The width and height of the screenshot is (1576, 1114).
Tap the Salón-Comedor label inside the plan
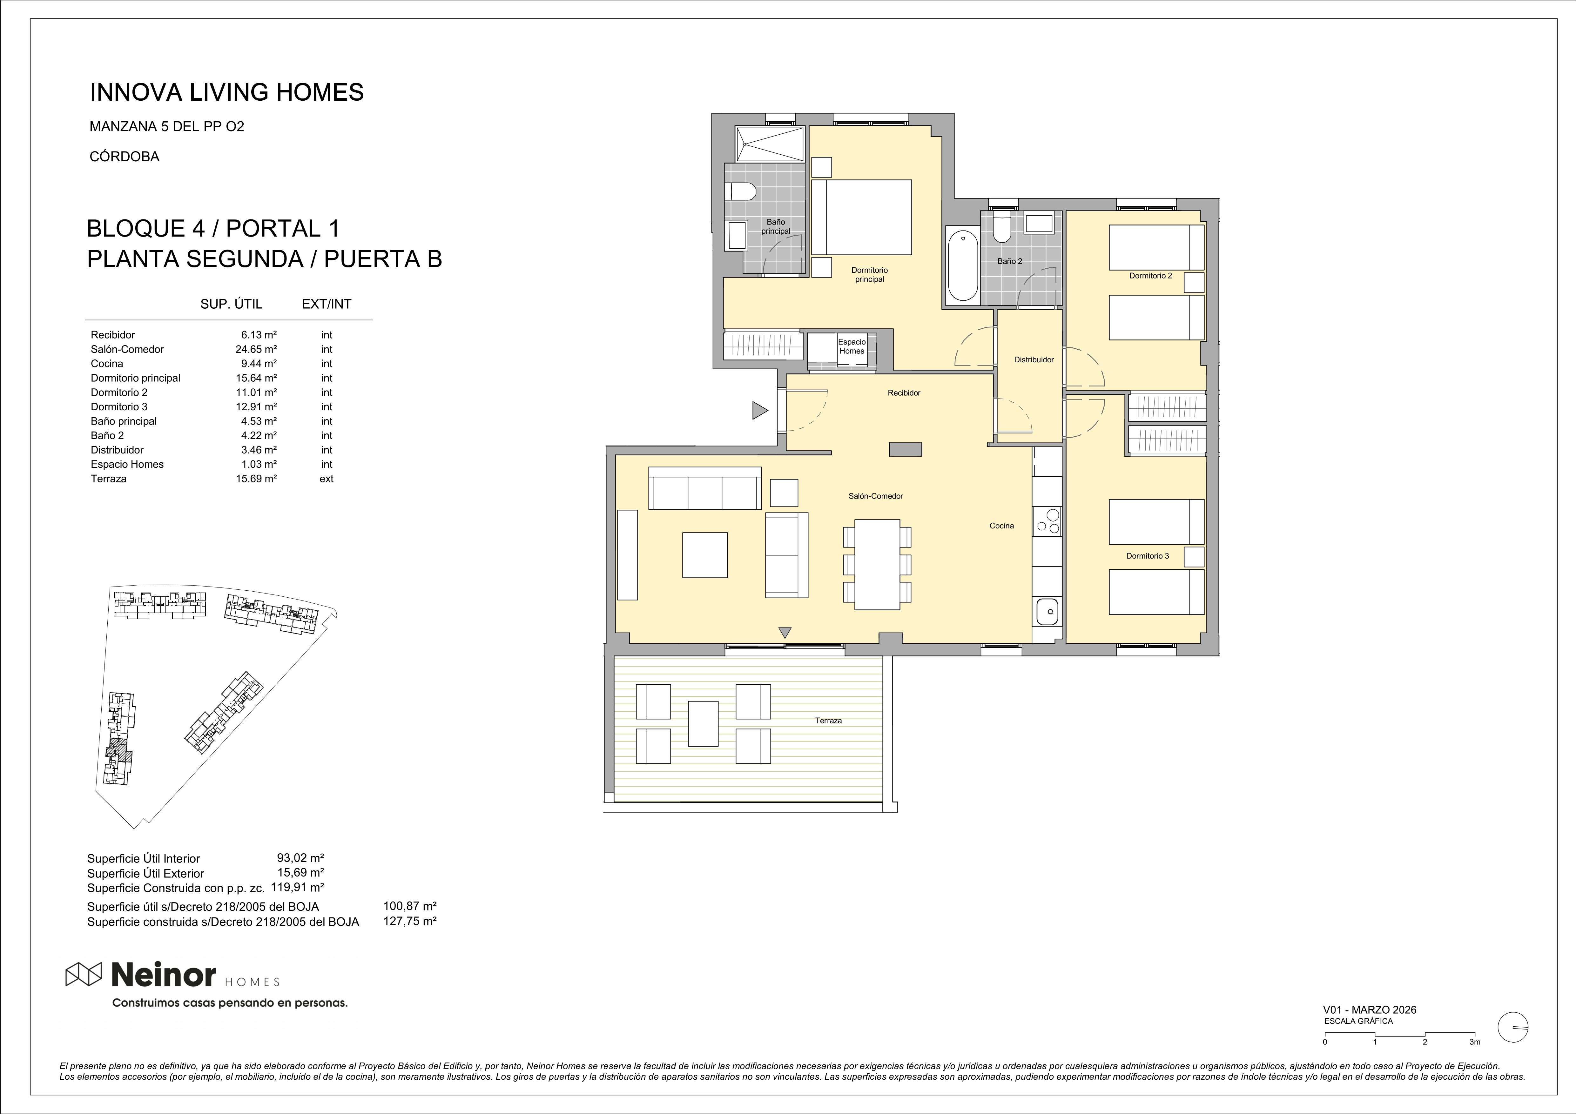tap(875, 496)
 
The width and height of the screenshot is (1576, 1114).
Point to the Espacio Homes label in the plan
tap(852, 346)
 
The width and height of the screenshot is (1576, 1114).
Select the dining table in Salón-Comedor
tap(877, 564)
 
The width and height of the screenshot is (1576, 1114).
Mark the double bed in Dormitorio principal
tap(861, 217)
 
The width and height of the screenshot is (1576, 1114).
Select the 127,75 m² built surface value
tap(410, 921)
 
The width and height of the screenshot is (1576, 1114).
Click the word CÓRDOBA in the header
tap(124, 157)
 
